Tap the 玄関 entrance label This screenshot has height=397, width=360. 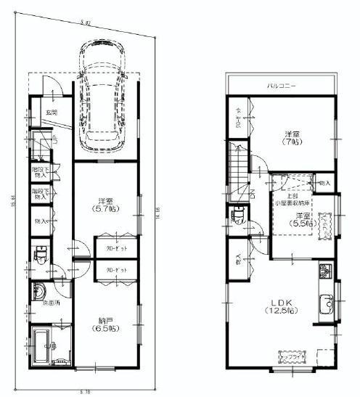pyautogui.click(x=52, y=112)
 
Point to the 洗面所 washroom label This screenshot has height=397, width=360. pyautogui.click(x=50, y=302)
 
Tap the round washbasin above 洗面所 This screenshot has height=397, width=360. pyautogui.click(x=38, y=289)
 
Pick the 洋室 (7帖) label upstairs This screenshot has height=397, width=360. pyautogui.click(x=293, y=138)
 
